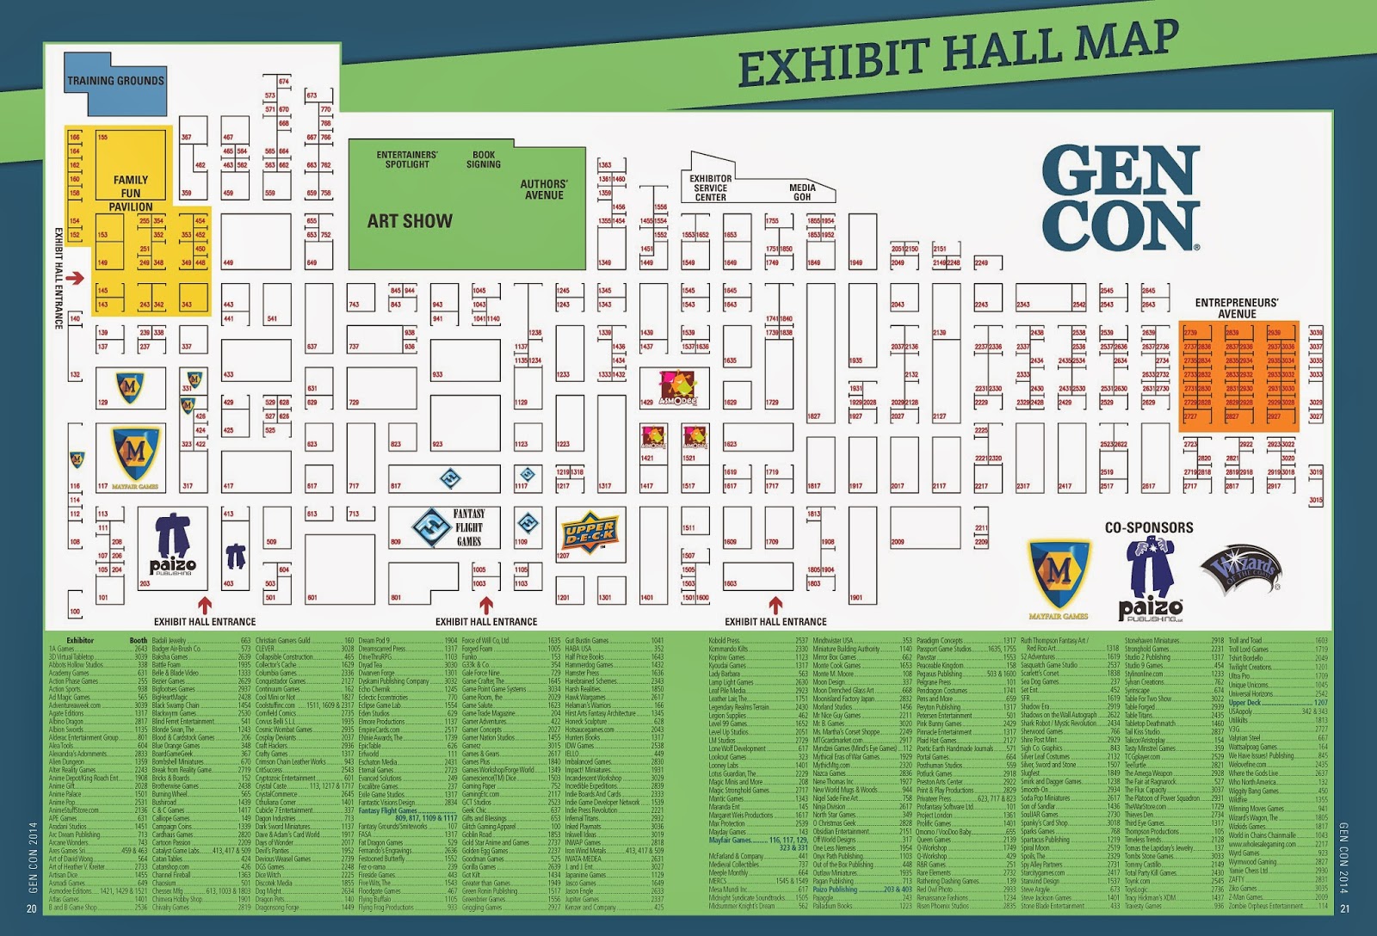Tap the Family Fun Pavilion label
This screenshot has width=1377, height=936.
click(131, 193)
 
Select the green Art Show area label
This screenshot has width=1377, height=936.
click(410, 221)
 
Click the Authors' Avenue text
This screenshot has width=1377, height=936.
click(544, 189)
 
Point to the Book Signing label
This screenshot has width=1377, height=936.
click(484, 159)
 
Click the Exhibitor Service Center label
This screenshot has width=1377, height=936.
click(710, 188)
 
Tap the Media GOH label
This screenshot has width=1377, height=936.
click(802, 192)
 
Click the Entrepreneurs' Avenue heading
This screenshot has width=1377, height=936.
click(1237, 308)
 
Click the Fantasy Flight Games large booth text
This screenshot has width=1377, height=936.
click(469, 526)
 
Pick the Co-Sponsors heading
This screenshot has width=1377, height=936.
click(1149, 527)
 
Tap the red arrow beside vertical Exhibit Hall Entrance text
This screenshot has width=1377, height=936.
click(74, 278)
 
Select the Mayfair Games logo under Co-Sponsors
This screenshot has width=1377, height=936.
click(1059, 576)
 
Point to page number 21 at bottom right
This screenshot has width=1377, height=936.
click(1345, 909)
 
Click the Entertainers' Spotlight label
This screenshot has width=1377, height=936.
click(407, 159)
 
